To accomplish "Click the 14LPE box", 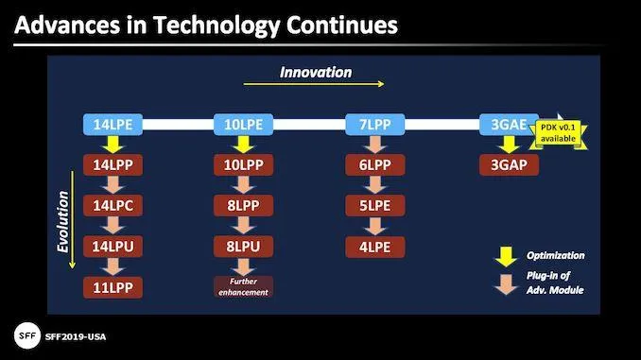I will [x=113, y=124].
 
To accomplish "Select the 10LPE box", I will [x=243, y=124].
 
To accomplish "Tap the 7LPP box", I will [x=373, y=124].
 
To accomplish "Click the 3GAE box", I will [x=509, y=124].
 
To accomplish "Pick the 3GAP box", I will [x=509, y=163].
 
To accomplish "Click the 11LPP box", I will [x=113, y=286].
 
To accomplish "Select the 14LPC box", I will [x=113, y=205].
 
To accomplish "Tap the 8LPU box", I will [x=243, y=246].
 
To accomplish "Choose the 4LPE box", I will [x=373, y=246].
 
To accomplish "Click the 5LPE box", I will [x=373, y=205].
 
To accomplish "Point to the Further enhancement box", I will [x=243, y=287].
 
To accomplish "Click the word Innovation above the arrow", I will [x=316, y=72].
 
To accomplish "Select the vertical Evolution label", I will [x=63, y=222].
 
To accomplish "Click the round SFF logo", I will [x=27, y=335].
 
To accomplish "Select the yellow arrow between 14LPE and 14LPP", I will [x=113, y=144].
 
